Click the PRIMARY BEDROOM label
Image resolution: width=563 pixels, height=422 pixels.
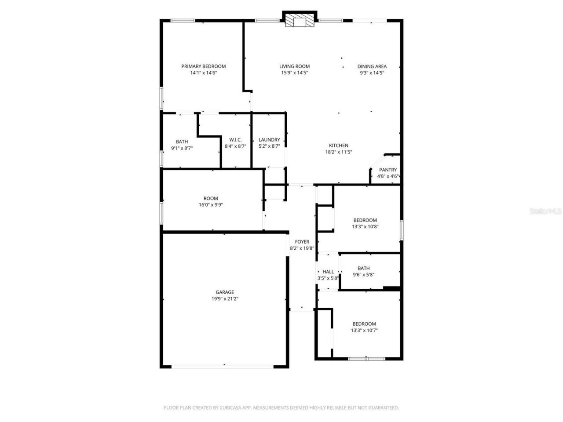203,66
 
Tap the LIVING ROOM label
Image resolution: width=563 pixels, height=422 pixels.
294,66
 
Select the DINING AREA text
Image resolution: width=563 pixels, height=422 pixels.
372,66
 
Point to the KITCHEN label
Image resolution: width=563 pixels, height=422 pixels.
338,146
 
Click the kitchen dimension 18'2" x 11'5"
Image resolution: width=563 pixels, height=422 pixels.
338,152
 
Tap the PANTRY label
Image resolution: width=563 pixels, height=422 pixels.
388,170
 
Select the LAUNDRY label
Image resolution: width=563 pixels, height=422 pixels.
269,140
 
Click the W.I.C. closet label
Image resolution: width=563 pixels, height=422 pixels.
235,140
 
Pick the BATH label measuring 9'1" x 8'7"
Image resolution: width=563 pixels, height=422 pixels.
182,142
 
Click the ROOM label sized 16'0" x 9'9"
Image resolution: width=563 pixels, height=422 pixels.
211,198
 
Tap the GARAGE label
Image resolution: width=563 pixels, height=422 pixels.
225,292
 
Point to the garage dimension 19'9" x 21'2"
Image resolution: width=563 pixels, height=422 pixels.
225,299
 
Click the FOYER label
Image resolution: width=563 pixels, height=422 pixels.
302,242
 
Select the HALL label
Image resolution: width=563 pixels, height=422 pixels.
328,272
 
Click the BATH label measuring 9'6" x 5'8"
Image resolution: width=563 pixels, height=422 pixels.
363,268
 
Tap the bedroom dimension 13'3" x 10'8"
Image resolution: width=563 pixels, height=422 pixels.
365,227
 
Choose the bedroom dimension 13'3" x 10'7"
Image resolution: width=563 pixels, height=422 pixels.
364,331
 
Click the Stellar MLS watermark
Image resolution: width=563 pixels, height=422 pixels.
545,211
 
